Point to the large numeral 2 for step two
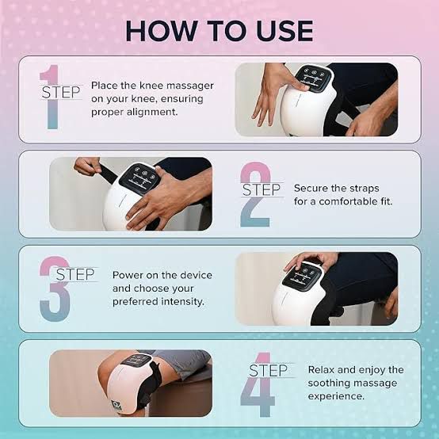[x=255, y=194]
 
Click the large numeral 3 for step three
[x=55, y=288]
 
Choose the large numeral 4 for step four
[x=258, y=384]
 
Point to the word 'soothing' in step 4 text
[x=331, y=383]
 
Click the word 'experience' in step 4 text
[x=336, y=396]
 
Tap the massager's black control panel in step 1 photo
[x=314, y=78]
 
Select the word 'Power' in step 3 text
[x=127, y=275]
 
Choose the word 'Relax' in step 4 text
[x=322, y=370]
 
